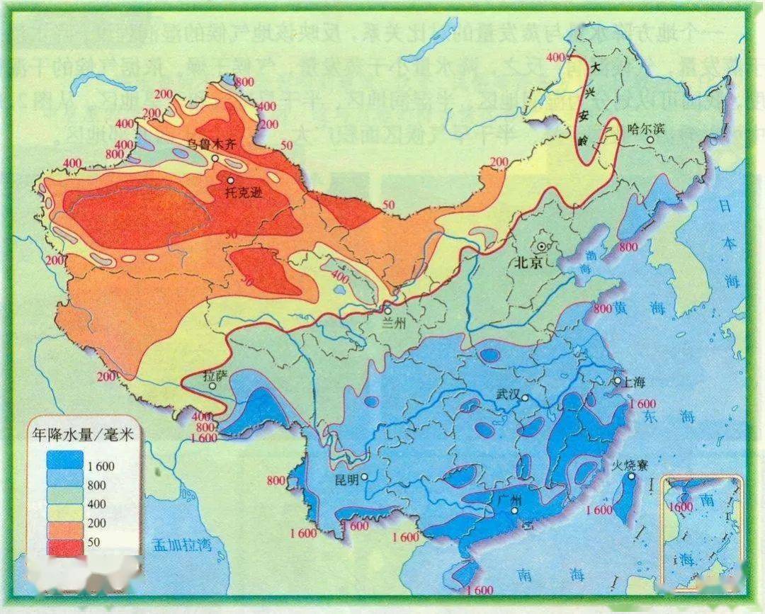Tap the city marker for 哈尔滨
[650, 141]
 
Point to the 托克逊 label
[244, 192]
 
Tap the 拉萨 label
[216, 375]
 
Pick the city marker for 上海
[616, 381]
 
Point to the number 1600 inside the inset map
[683, 507]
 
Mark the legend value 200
[96, 523]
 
